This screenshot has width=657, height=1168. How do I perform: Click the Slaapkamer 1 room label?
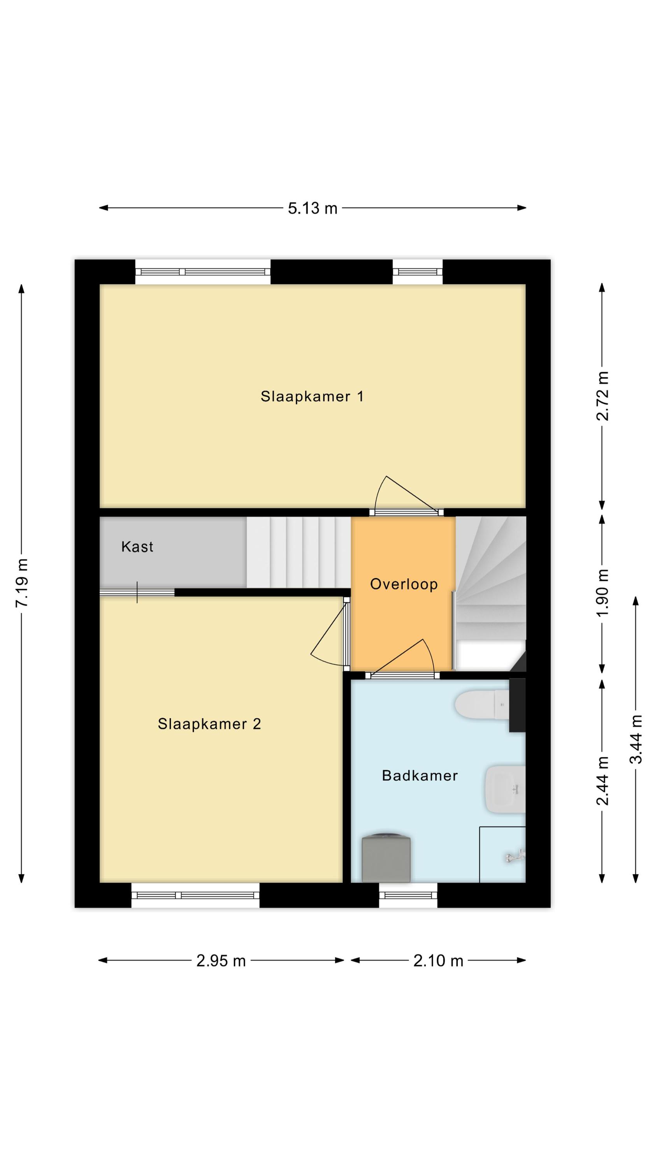311,397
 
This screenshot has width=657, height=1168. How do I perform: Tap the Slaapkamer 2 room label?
209,724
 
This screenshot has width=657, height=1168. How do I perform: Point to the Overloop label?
404,584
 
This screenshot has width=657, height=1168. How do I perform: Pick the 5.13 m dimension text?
313,208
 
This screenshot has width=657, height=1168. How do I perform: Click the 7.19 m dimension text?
22,583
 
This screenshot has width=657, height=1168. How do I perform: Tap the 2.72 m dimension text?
602,396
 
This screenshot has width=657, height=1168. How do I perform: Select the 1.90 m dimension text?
602,593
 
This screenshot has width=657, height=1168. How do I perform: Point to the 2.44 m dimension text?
602,781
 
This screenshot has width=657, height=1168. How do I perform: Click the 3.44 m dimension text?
636,739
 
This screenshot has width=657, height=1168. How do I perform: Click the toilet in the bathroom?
482,705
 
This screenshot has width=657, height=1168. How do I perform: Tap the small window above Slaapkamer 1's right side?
417,272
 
